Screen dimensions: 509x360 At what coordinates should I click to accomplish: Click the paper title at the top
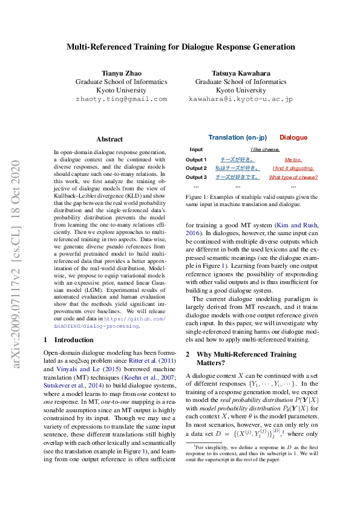(x=180, y=46)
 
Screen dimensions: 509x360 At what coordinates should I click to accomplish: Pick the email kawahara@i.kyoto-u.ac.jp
(x=241, y=99)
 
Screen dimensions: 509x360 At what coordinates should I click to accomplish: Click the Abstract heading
(x=109, y=139)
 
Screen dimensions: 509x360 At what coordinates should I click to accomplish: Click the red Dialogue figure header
(x=293, y=137)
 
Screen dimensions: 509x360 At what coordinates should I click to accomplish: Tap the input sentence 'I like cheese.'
(x=265, y=149)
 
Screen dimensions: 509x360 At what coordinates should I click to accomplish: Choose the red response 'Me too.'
(x=293, y=159)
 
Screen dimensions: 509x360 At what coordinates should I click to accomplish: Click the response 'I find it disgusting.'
(x=293, y=168)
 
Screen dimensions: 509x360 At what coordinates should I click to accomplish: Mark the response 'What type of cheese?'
(x=293, y=177)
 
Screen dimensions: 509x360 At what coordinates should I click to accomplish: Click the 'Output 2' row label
(x=196, y=168)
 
